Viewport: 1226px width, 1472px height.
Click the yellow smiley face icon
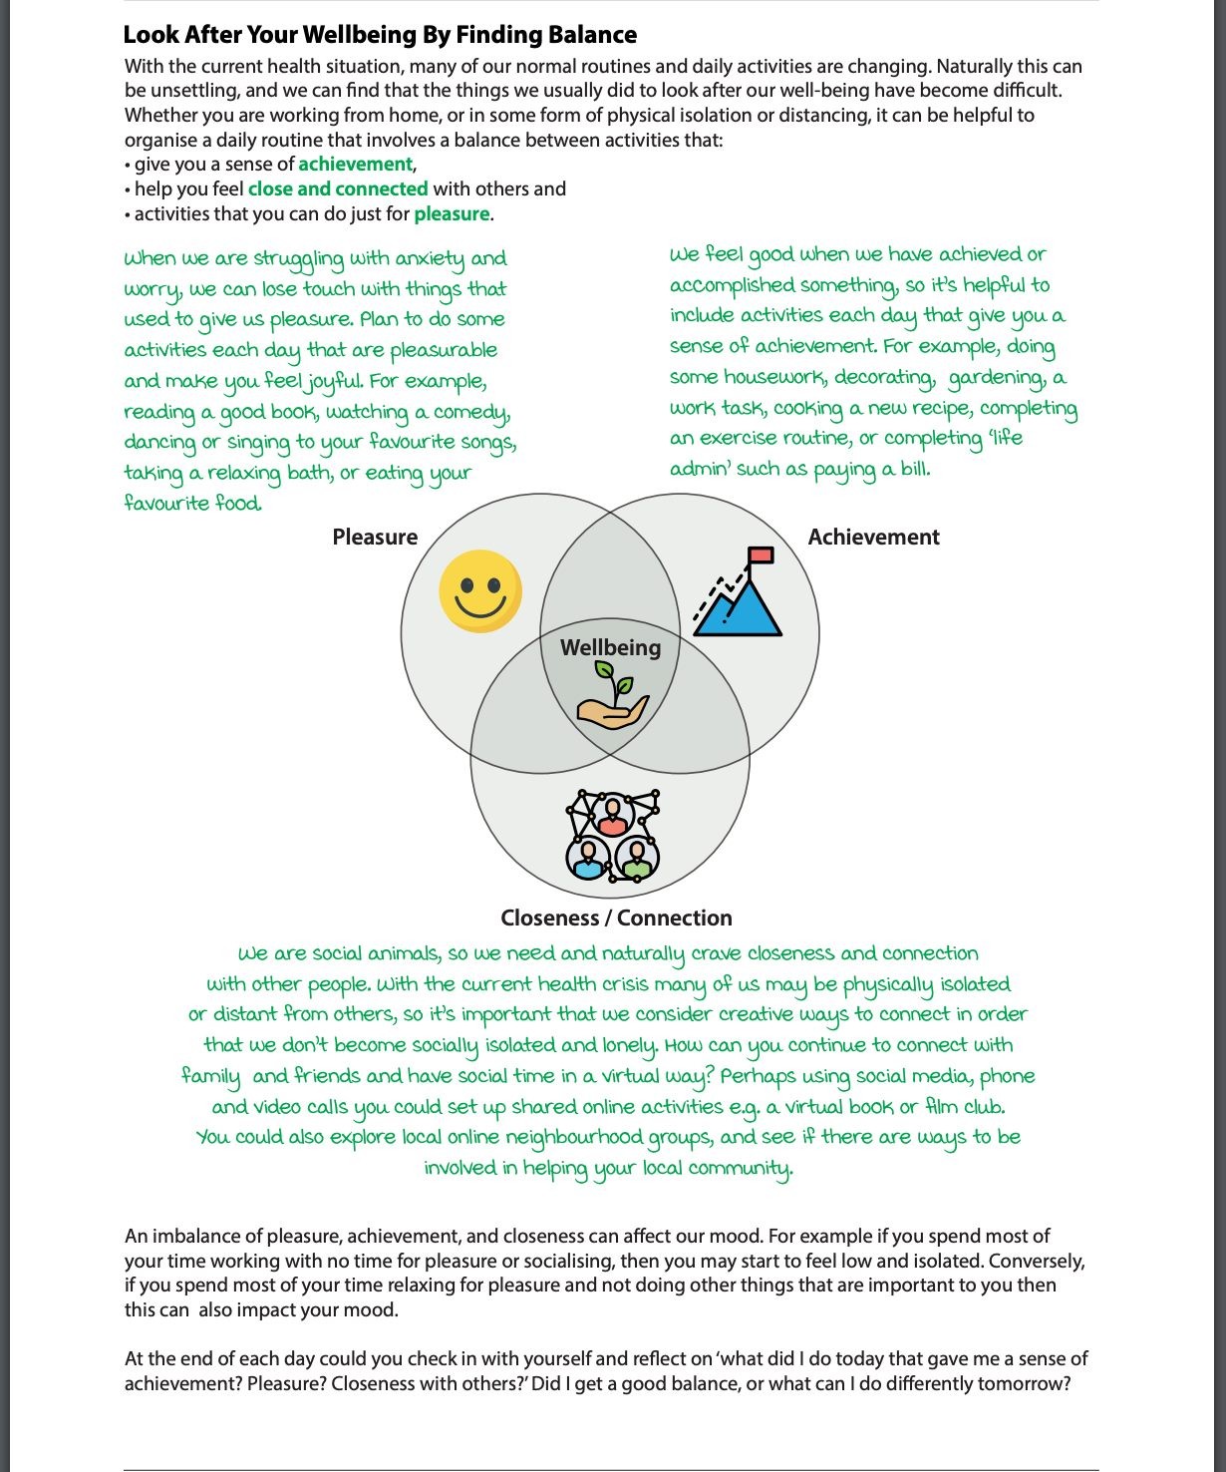coord(480,591)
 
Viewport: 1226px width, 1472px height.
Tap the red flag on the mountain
coord(761,555)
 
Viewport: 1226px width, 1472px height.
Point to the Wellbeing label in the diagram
coord(610,647)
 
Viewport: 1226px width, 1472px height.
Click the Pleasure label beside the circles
coord(375,537)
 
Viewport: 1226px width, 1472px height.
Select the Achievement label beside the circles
coord(873,537)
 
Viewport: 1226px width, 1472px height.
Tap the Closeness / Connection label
coord(616,918)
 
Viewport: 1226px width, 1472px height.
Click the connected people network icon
coord(612,836)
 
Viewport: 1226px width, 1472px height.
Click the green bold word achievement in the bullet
coord(355,165)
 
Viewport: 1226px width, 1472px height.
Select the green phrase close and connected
coord(338,189)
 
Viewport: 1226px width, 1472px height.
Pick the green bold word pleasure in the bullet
coord(452,214)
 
